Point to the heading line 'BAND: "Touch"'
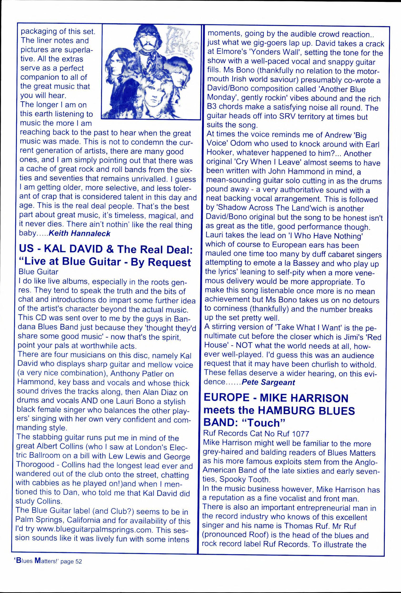coord(244,423)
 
